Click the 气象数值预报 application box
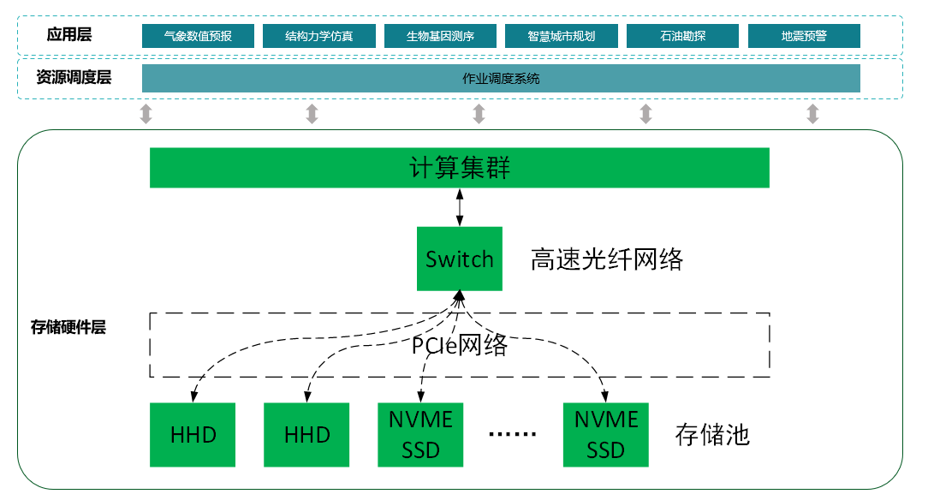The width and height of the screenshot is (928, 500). tap(198, 36)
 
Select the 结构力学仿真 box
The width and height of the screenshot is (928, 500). tap(318, 36)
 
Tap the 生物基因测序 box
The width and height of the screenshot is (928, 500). tap(440, 36)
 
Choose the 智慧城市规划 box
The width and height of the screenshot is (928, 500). tap(562, 36)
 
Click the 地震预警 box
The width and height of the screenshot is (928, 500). tap(804, 36)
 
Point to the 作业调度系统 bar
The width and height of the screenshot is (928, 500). tap(501, 78)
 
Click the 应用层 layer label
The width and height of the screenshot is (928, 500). tap(69, 35)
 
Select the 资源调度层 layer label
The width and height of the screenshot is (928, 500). tap(74, 77)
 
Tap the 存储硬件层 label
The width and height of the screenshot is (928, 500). tap(68, 326)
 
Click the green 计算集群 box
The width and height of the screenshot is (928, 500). tap(460, 167)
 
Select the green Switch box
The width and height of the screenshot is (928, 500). tap(460, 259)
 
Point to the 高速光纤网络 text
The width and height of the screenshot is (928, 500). tap(607, 259)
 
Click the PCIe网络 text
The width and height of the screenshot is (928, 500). tap(460, 345)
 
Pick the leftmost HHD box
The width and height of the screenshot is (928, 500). tap(193, 434)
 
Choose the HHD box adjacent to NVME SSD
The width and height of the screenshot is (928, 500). tap(306, 434)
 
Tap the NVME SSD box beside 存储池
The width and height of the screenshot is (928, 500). tap(606, 434)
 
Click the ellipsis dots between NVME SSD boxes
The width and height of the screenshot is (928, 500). tap(512, 435)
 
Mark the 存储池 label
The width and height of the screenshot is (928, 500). tap(712, 435)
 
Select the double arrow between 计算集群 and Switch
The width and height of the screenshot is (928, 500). tap(461, 207)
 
